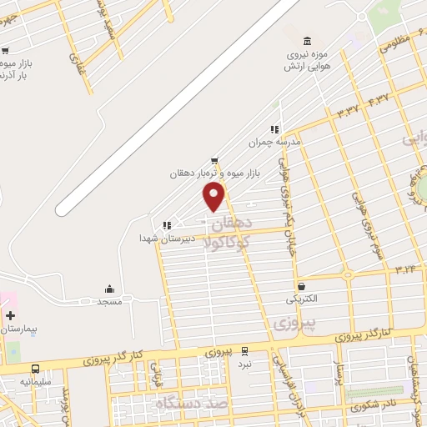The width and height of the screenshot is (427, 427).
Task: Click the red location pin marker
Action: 214,197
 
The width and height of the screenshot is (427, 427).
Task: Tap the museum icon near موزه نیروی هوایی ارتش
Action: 309,41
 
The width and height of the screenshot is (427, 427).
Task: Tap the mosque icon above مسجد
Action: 109,288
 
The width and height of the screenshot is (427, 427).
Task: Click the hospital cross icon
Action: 10,316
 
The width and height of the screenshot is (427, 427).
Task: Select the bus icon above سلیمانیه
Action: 35,368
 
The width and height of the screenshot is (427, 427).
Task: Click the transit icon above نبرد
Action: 244,351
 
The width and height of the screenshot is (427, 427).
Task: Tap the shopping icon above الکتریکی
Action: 301,285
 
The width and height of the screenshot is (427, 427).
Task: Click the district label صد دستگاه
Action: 193,404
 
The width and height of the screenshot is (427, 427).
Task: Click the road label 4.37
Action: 377,99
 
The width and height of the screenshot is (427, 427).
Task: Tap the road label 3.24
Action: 405,269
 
